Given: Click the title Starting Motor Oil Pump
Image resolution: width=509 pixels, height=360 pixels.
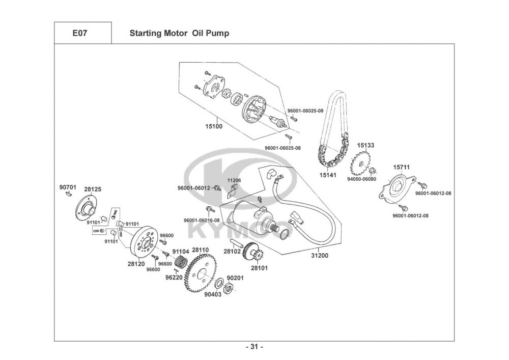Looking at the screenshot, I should pyautogui.click(x=179, y=34).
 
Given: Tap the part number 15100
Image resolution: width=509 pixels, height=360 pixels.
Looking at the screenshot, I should pyautogui.click(x=213, y=126).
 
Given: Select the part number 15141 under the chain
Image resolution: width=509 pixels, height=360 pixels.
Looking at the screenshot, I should pyautogui.click(x=327, y=175).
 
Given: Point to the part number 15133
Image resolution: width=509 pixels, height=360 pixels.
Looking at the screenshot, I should pyautogui.click(x=365, y=146).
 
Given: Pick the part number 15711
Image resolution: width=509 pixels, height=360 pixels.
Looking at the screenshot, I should pyautogui.click(x=401, y=167).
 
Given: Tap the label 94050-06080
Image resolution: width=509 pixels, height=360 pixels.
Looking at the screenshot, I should pyautogui.click(x=361, y=179).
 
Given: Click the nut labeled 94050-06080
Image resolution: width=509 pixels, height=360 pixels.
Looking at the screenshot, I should pyautogui.click(x=372, y=171).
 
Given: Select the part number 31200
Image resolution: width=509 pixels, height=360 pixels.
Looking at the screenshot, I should pyautogui.click(x=320, y=256).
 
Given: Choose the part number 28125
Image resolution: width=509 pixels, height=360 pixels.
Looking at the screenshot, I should pyautogui.click(x=93, y=189).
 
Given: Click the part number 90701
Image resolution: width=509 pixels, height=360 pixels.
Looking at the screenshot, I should pyautogui.click(x=68, y=188).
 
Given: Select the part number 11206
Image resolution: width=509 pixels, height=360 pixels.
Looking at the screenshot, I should pyautogui.click(x=234, y=181).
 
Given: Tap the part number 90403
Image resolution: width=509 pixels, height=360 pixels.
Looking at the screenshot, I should pyautogui.click(x=213, y=294).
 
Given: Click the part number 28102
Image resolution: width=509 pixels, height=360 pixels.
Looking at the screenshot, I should pyautogui.click(x=232, y=251).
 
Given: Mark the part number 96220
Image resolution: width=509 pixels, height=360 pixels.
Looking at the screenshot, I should pyautogui.click(x=174, y=278).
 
